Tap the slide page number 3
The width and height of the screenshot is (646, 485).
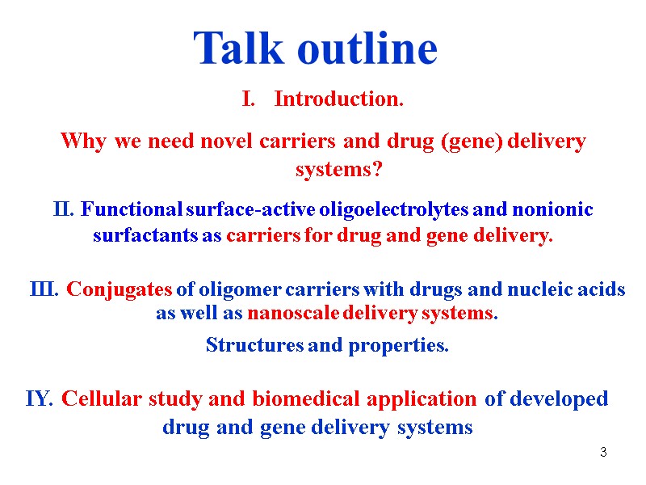(x=602, y=452)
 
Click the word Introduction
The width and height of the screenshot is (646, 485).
(x=338, y=99)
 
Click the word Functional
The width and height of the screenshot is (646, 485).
(x=132, y=210)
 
